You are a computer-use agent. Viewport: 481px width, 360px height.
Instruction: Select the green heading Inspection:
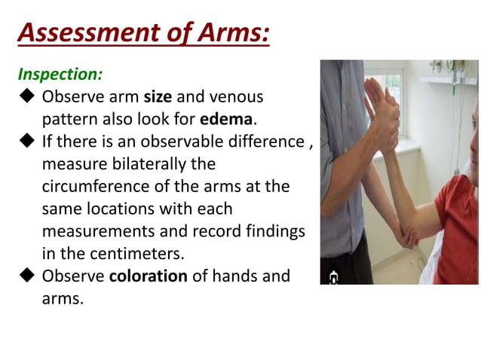60,75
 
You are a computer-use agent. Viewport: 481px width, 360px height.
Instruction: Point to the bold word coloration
148,276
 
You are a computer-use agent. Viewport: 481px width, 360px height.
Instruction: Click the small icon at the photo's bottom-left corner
333,277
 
